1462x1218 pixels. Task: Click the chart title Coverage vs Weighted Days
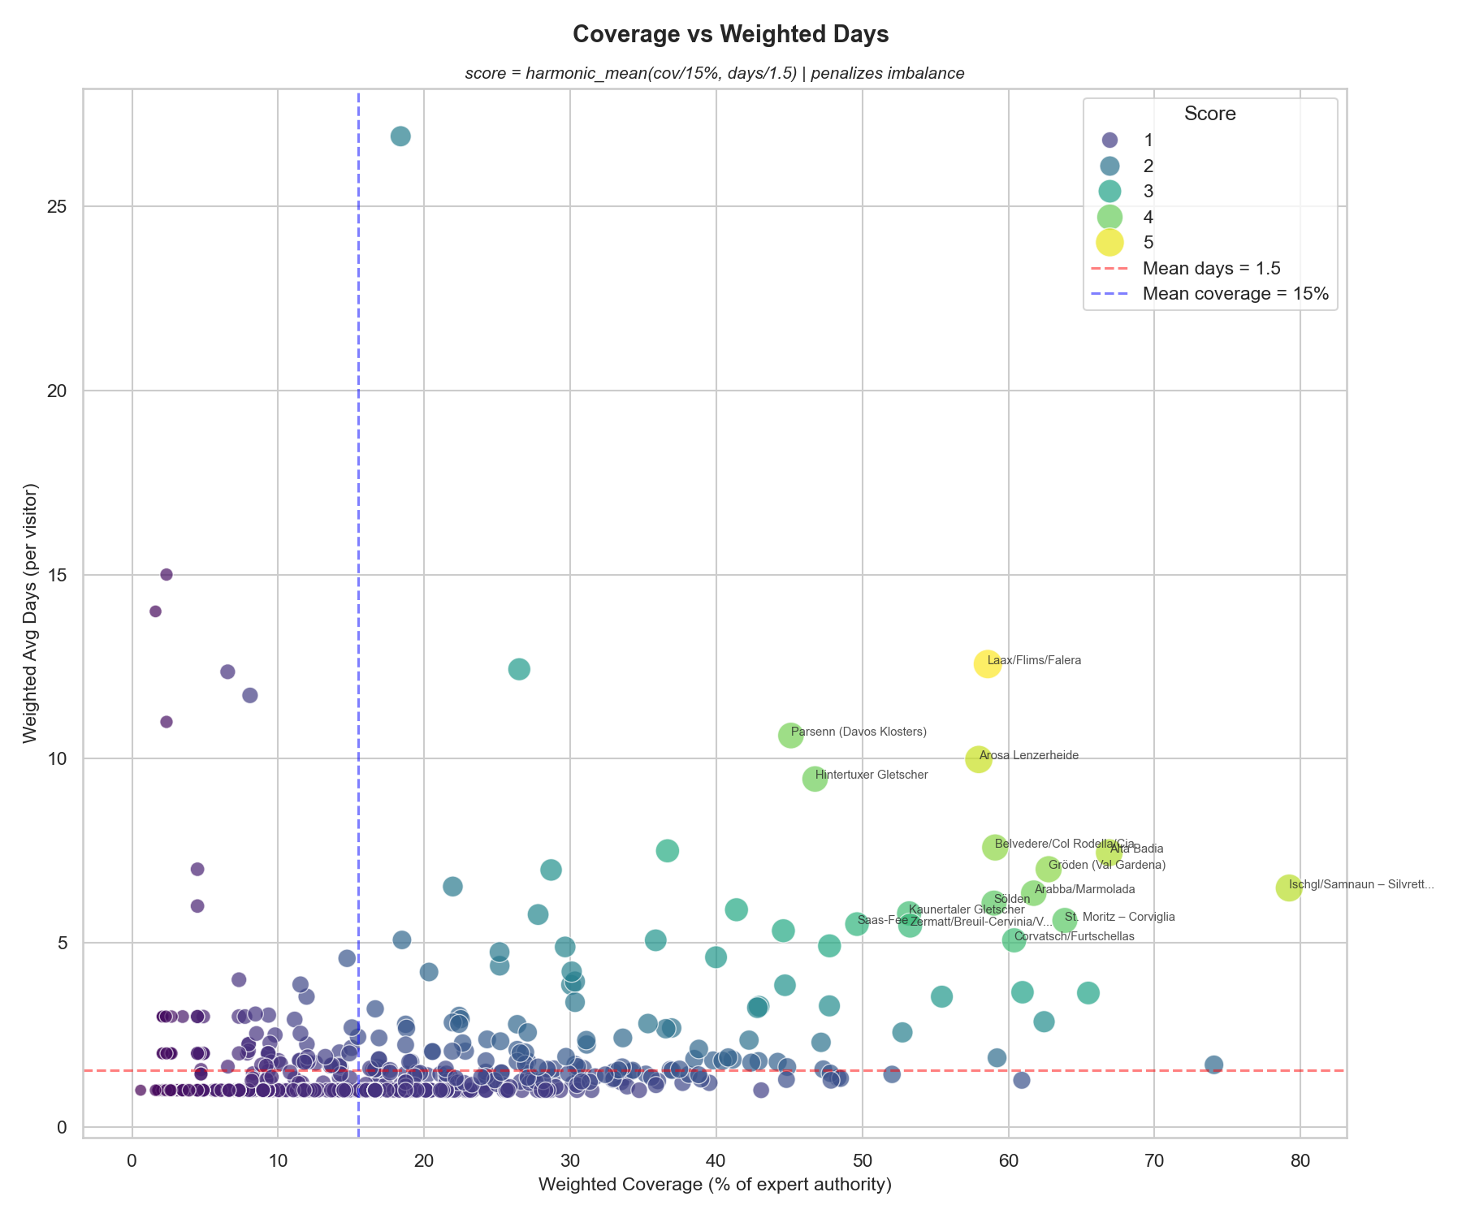(x=730, y=34)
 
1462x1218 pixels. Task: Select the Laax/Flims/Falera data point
(x=987, y=664)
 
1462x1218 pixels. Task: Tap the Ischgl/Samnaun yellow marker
(x=1288, y=888)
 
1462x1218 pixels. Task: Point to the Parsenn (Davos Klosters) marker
(x=790, y=736)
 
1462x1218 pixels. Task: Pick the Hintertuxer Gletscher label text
(x=871, y=775)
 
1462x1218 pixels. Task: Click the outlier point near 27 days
(x=400, y=136)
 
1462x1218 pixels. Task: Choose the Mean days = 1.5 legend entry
(x=1211, y=268)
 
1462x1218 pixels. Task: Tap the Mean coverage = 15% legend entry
(x=1235, y=294)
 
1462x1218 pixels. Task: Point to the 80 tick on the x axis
(x=1300, y=1161)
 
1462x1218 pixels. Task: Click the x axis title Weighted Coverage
(x=715, y=1186)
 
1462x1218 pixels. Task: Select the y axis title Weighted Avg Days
(x=31, y=613)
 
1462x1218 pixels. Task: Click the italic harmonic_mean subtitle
(x=714, y=73)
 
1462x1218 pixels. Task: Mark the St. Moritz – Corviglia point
(x=1064, y=920)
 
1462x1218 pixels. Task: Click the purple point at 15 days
(x=167, y=575)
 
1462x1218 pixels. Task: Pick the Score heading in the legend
(x=1209, y=114)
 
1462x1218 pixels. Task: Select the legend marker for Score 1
(x=1110, y=140)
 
